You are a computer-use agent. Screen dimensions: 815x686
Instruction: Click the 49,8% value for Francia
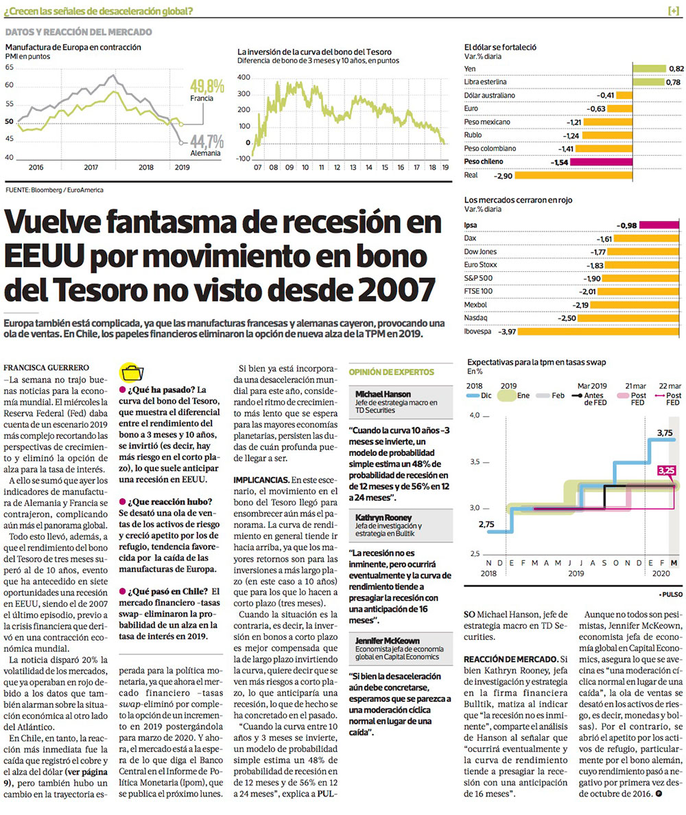pyautogui.click(x=208, y=87)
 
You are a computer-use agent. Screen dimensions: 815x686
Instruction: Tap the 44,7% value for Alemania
pyautogui.click(x=207, y=141)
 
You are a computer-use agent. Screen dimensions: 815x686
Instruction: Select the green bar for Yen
pyautogui.click(x=649, y=69)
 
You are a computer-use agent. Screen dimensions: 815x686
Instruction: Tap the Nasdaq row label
pyautogui.click(x=475, y=319)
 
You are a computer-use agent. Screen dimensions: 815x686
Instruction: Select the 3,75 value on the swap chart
pyautogui.click(x=664, y=433)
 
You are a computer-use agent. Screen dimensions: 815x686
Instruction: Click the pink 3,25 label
pyautogui.click(x=666, y=471)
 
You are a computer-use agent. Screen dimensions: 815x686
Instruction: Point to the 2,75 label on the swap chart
pyautogui.click(x=486, y=524)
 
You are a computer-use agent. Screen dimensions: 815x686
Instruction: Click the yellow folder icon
pyautogui.click(x=130, y=373)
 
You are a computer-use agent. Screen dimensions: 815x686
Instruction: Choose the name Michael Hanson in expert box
pyautogui.click(x=383, y=394)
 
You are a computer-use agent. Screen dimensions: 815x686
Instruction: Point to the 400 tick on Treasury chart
pyautogui.click(x=244, y=77)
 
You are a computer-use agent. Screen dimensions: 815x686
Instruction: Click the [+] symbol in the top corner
pyautogui.click(x=673, y=11)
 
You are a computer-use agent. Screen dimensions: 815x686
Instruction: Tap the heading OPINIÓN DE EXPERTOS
pyautogui.click(x=392, y=371)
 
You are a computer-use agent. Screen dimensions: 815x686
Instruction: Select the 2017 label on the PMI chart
pyautogui.click(x=91, y=167)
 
